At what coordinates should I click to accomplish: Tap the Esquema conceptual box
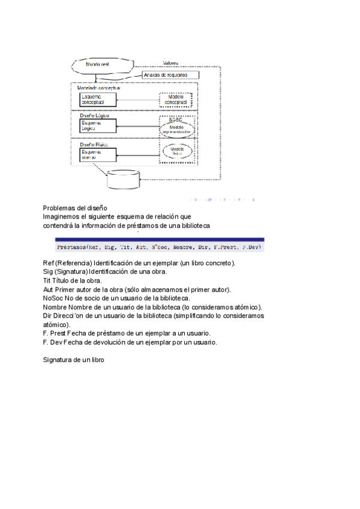(97, 100)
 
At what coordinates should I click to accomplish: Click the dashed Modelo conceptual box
(176, 100)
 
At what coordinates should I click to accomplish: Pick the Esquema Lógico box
(97, 125)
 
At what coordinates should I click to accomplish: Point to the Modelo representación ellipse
(175, 129)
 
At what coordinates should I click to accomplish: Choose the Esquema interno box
(97, 154)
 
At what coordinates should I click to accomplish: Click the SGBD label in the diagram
(175, 120)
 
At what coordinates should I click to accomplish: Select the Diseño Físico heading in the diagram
(94, 145)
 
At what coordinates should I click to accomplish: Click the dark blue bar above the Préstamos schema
(160, 239)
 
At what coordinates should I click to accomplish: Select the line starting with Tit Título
(73, 280)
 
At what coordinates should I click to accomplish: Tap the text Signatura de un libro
(74, 360)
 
